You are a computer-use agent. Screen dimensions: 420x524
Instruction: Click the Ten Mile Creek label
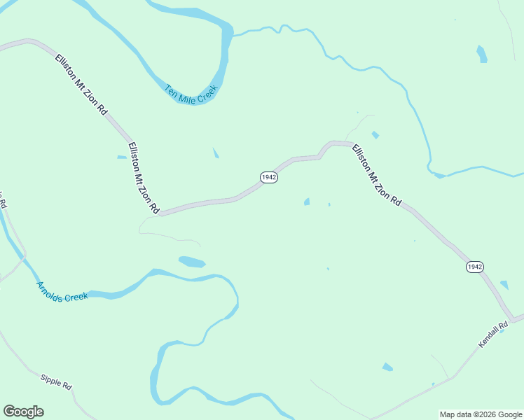click(x=191, y=94)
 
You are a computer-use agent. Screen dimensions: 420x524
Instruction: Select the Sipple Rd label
click(x=56, y=382)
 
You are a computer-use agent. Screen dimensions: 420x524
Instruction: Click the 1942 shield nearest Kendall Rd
click(x=475, y=267)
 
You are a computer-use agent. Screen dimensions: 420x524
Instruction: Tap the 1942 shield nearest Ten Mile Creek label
click(x=269, y=177)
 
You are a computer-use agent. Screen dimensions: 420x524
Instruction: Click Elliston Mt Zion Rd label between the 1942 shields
click(x=376, y=174)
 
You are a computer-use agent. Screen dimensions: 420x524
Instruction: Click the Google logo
click(x=23, y=412)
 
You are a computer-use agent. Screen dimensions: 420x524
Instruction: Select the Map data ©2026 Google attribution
click(x=481, y=414)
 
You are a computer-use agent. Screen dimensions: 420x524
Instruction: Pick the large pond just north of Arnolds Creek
click(x=192, y=262)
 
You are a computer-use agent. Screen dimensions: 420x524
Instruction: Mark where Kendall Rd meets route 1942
click(x=514, y=319)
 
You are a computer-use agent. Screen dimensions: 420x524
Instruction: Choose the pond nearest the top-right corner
click(x=482, y=54)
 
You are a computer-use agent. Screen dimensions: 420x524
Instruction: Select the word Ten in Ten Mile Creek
click(x=170, y=90)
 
